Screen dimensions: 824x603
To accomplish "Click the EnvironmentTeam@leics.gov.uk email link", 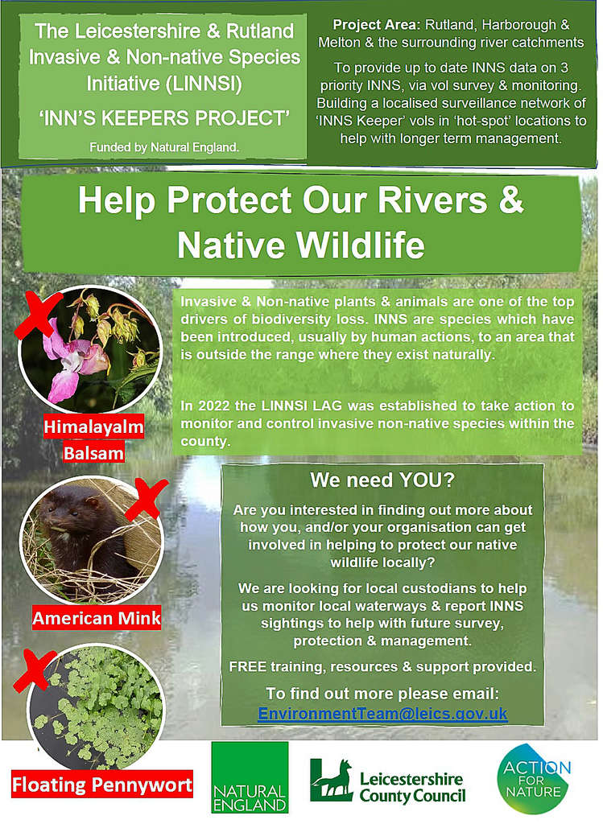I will pyautogui.click(x=382, y=714).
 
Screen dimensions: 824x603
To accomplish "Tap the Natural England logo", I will pyautogui.click(x=250, y=778).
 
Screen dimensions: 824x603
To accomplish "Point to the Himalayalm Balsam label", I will pyautogui.click(x=93, y=439).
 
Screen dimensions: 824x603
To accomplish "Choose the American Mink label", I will pyautogui.click(x=97, y=618).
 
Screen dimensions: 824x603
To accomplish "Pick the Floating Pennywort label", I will pyautogui.click(x=102, y=784).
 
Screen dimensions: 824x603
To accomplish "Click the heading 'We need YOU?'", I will pyautogui.click(x=382, y=481).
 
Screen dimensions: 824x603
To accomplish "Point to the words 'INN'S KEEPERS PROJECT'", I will pyautogui.click(x=164, y=119).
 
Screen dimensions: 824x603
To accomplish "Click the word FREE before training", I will pyautogui.click(x=248, y=667).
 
